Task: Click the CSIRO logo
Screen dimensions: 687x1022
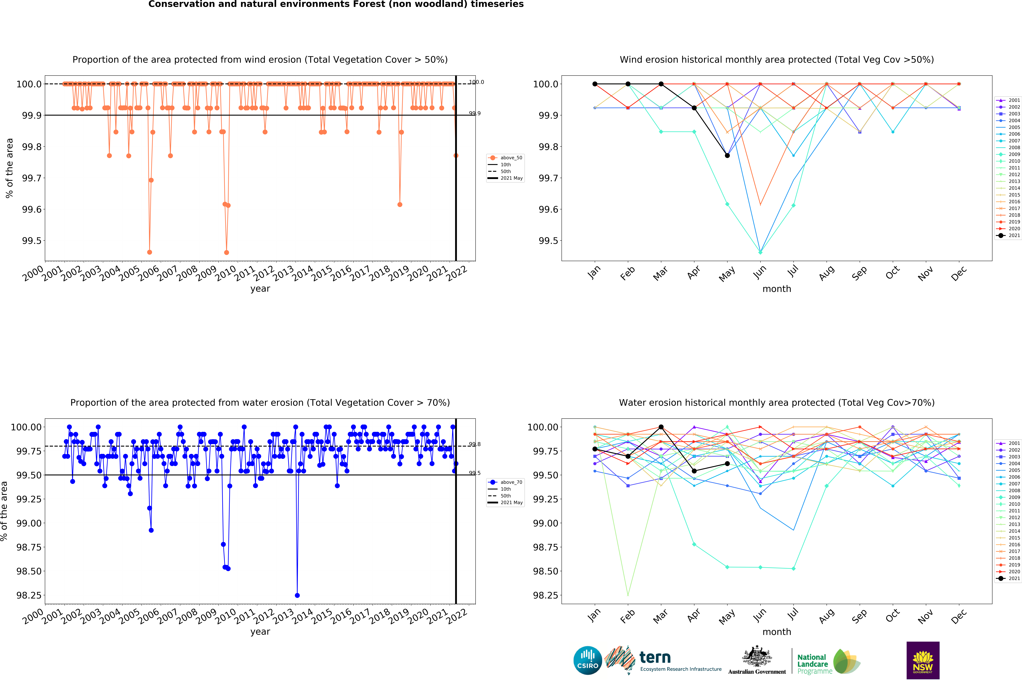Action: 587,660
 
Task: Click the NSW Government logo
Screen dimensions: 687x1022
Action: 923,660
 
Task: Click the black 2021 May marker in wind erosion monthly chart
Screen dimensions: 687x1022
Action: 727,155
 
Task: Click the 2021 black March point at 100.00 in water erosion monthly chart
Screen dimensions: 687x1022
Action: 661,427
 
